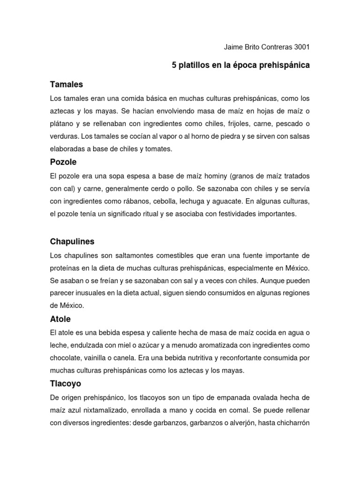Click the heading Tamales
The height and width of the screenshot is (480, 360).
point(66,85)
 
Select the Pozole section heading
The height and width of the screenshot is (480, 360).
point(63,162)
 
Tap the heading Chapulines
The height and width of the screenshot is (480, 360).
point(72,242)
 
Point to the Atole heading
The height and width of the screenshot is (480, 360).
point(60,319)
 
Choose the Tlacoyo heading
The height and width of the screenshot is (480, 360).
point(66,383)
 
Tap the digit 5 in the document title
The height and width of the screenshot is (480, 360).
point(174,66)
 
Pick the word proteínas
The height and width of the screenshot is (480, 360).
point(66,268)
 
